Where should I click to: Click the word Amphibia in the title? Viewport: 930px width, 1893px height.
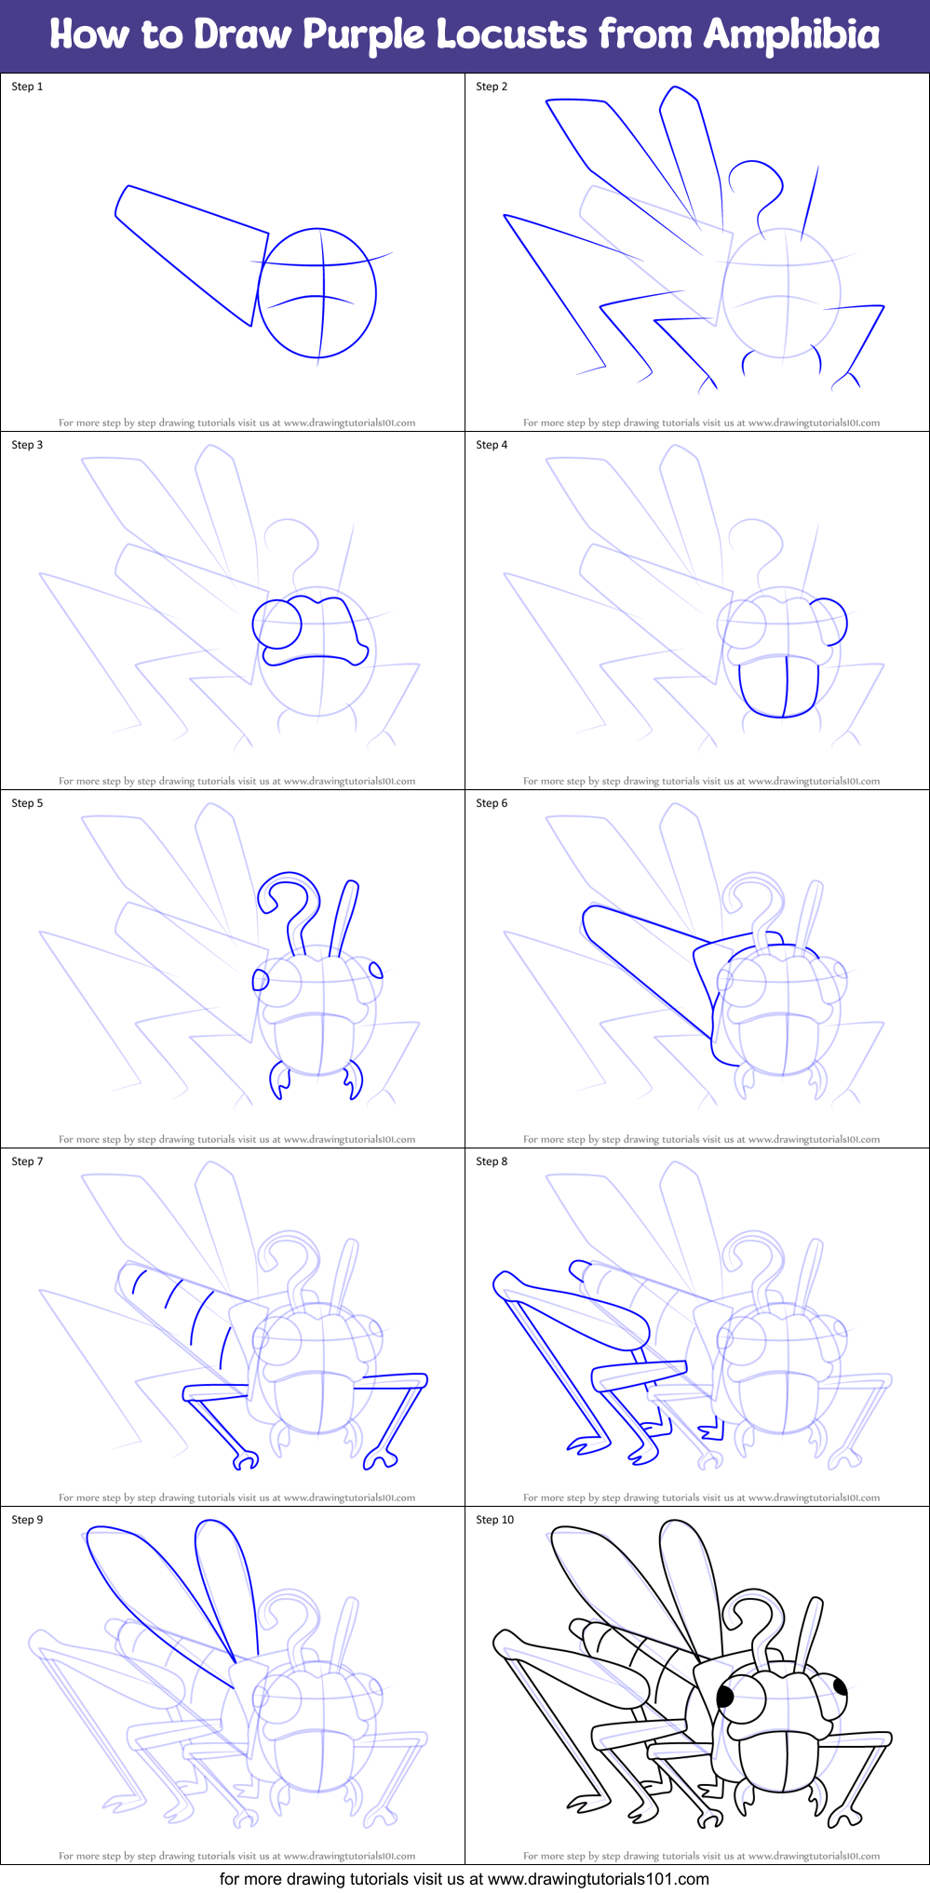coord(791,35)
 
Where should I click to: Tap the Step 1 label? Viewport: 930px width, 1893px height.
coord(27,87)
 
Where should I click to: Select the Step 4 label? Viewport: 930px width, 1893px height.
coord(492,445)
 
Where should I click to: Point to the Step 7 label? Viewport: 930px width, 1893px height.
coord(27,1161)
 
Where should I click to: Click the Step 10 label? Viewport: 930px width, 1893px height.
coord(494,1520)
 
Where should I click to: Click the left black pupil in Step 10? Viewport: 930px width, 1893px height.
coord(726,1696)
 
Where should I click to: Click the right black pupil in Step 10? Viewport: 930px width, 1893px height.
coord(839,1685)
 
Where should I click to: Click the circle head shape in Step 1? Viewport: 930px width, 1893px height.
coord(317,293)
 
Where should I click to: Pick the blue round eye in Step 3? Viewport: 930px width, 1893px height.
coord(277,624)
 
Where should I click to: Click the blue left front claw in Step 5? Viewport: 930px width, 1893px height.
coord(277,1081)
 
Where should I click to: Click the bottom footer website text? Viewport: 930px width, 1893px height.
coord(464,1878)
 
